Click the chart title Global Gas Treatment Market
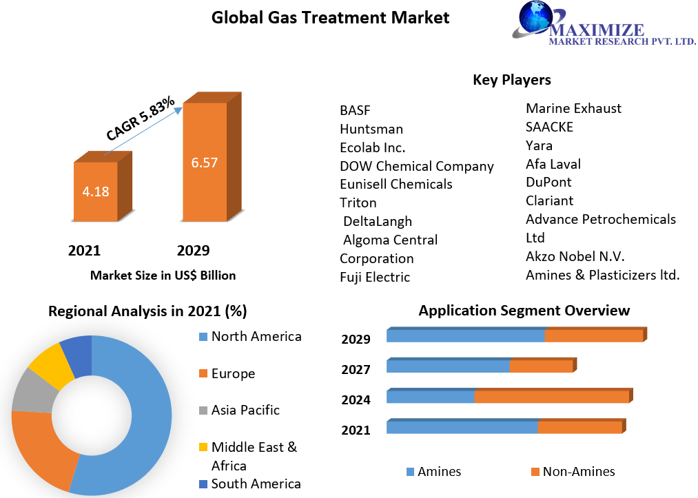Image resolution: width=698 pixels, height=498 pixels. tap(330, 17)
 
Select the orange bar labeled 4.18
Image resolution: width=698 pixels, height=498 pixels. tap(95, 191)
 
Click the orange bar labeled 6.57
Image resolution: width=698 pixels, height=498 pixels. tap(204, 163)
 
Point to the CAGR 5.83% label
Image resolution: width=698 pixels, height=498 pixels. tap(140, 119)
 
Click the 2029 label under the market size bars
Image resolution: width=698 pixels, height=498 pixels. tap(193, 250)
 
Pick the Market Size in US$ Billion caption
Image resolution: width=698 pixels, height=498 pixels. tap(163, 276)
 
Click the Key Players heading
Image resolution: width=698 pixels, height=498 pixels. tap(511, 80)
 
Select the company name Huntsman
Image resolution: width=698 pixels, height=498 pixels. tap(371, 129)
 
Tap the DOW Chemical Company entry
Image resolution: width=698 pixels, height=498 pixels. tap(416, 166)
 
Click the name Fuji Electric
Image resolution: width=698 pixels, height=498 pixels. tap(375, 277)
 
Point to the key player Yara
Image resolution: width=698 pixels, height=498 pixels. tap(539, 145)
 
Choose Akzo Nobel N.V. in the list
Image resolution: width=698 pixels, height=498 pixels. tap(575, 256)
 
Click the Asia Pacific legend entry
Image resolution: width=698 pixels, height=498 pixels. tap(245, 410)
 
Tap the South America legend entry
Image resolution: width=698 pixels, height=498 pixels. tap(255, 484)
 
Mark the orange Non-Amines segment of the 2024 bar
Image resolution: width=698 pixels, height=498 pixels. tap(551, 397)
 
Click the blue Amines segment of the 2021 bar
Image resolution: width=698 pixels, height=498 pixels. tap(462, 427)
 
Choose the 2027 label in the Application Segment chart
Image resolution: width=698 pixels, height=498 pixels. tap(356, 369)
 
